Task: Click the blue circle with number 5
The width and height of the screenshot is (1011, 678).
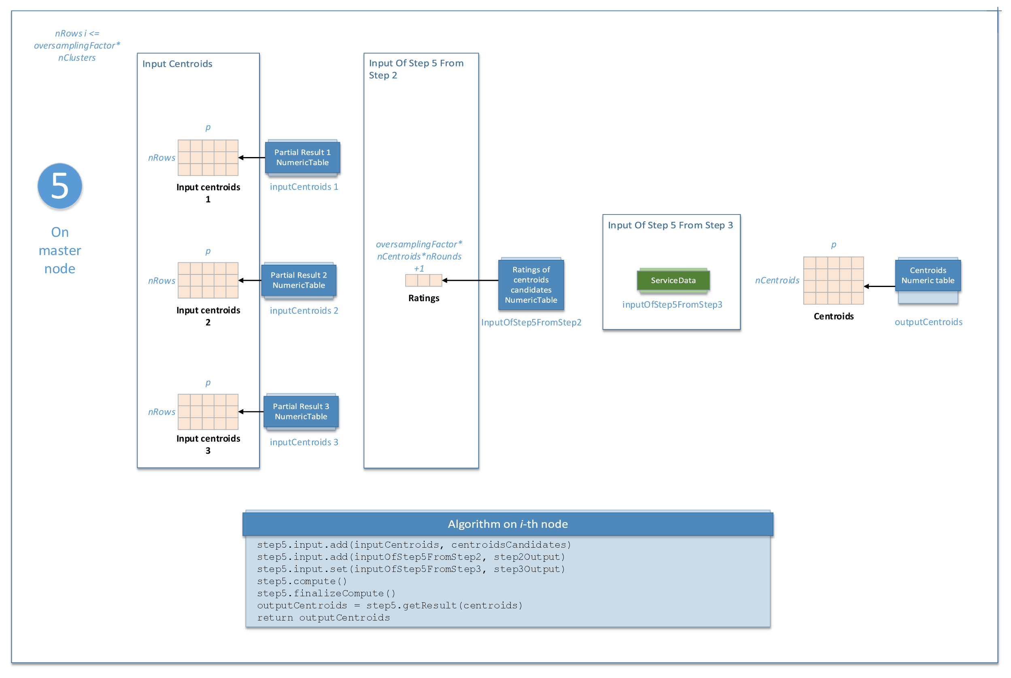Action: click(59, 186)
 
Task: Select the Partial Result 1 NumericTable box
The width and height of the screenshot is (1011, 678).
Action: click(302, 157)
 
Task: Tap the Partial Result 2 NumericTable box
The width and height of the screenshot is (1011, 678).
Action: click(299, 280)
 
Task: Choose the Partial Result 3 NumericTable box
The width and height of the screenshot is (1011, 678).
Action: click(301, 411)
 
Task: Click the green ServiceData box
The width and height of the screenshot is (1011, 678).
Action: click(673, 280)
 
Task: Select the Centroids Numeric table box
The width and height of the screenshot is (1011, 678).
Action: click(928, 275)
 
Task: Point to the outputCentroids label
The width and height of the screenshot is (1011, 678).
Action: click(928, 322)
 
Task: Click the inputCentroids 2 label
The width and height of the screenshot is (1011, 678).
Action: click(304, 310)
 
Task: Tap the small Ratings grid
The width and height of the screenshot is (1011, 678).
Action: click(423, 280)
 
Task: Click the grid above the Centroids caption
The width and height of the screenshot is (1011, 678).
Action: click(833, 280)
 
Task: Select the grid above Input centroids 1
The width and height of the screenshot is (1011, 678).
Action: click(208, 157)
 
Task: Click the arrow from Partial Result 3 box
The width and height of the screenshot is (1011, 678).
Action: click(251, 411)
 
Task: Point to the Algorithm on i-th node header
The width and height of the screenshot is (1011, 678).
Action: click(508, 524)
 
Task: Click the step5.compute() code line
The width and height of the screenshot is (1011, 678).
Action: click(302, 581)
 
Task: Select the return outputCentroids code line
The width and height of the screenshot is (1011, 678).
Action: click(323, 617)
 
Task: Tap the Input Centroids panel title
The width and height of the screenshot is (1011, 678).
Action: click(177, 64)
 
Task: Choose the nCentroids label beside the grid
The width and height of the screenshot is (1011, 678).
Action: click(777, 280)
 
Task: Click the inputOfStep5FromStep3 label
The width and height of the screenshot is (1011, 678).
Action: click(672, 304)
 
